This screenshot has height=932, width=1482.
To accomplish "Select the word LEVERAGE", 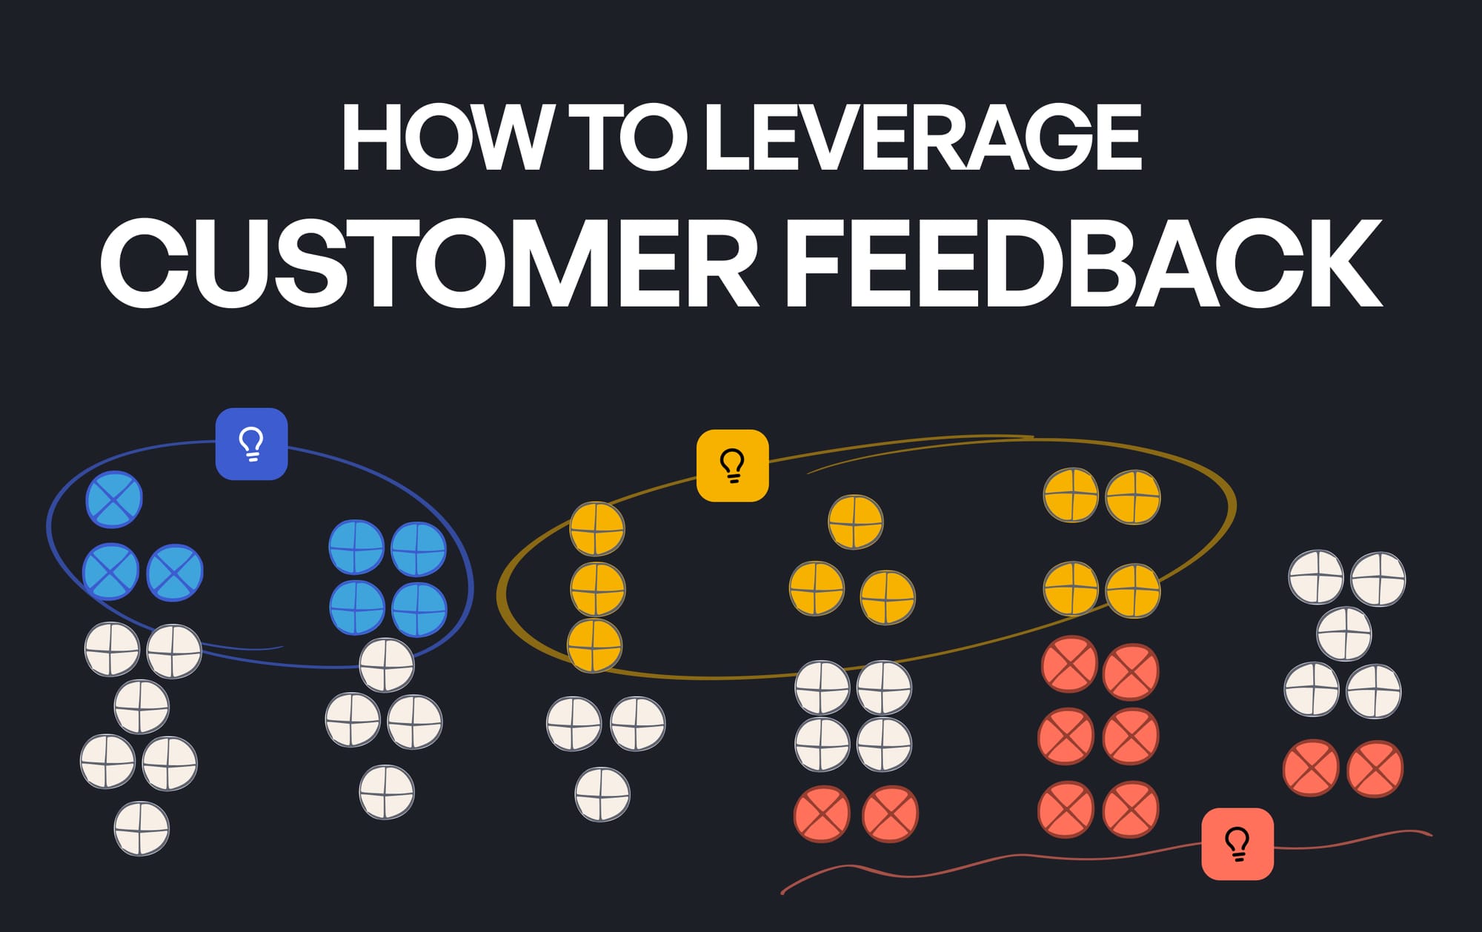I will click(923, 138).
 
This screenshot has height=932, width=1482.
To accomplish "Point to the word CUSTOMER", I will click(430, 263).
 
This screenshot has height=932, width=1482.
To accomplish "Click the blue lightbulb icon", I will click(252, 444).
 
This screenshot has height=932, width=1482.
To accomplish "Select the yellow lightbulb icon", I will click(733, 465).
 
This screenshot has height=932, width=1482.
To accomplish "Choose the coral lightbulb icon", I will click(1237, 844).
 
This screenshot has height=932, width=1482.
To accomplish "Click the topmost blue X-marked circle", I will click(114, 499).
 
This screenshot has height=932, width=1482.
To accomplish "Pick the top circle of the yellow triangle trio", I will click(855, 522).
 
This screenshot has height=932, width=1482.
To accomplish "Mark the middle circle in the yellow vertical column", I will click(597, 590).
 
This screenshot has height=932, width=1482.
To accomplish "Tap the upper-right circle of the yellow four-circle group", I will click(1133, 497).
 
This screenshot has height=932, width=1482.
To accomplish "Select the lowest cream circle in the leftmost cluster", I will click(142, 828).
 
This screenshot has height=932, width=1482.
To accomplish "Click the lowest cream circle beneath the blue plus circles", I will click(387, 792).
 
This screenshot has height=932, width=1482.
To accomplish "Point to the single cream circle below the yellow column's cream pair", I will click(602, 794).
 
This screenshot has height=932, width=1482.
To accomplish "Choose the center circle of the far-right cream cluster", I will click(1344, 633).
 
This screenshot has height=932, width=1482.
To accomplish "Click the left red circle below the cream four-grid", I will click(822, 814).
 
